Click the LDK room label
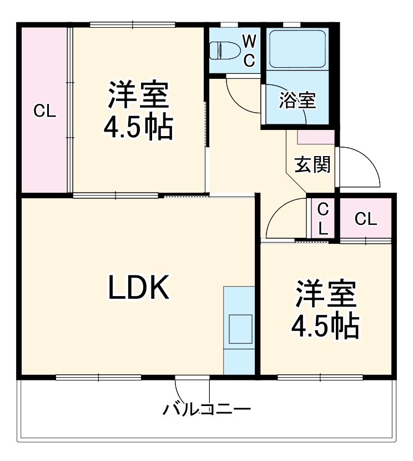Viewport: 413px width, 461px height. (138, 288)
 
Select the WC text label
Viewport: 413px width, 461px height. (249, 50)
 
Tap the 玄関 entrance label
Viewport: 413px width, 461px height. (312, 164)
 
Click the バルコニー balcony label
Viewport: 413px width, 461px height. (207, 410)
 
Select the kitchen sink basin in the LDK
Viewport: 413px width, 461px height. (240, 329)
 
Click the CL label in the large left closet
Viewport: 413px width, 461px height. (44, 111)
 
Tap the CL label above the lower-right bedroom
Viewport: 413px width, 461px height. (365, 219)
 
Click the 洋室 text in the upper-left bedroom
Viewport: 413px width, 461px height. (138, 96)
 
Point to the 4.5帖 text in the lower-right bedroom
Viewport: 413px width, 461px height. (325, 326)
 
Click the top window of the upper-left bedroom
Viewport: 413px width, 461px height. (133, 24)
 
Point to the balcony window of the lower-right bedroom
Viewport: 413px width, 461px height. (320, 378)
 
